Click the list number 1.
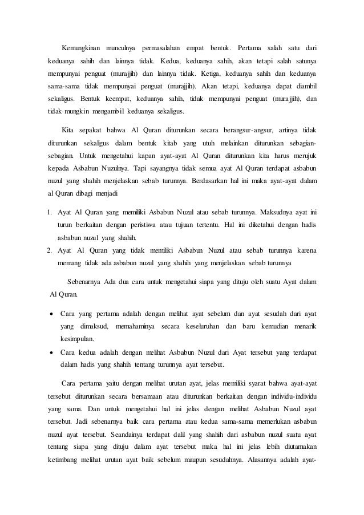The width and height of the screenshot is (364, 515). tap(50, 213)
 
